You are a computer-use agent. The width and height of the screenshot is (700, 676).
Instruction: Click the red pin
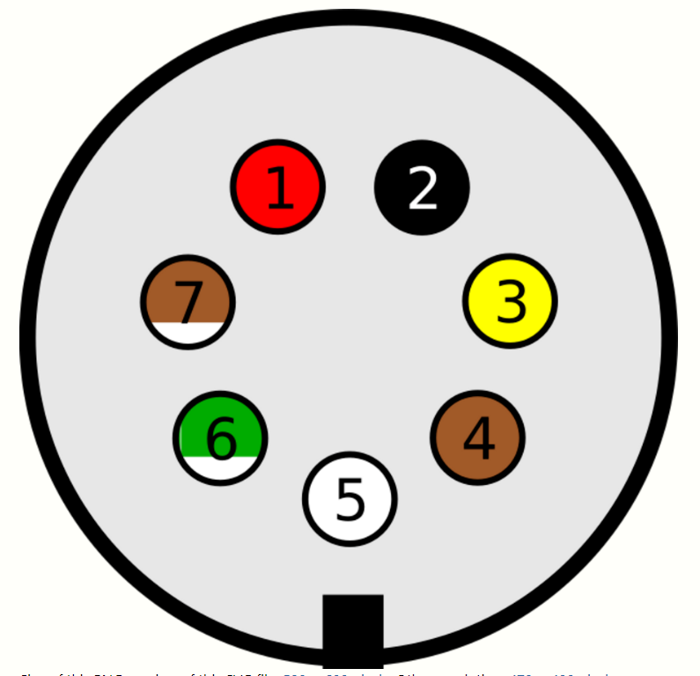278,187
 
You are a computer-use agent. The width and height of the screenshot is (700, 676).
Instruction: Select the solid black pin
422,187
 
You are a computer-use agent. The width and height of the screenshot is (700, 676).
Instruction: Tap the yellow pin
510,301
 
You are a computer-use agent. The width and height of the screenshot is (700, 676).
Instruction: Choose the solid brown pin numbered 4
478,437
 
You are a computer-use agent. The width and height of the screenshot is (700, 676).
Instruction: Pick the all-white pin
350,499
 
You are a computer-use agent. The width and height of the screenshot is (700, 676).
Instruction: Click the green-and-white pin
220,437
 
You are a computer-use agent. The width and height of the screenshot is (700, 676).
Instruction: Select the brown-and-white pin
188,302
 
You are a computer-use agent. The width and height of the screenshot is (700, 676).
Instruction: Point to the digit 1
279,187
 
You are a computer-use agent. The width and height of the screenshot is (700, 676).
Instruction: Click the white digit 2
423,187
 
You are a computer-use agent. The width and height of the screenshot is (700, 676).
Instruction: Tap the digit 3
511,301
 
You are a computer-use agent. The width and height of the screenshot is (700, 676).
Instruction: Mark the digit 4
478,438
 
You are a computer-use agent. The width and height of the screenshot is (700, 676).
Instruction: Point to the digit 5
350,500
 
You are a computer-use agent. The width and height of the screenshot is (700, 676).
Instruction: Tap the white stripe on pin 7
188,334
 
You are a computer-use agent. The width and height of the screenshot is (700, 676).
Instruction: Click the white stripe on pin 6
220,468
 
